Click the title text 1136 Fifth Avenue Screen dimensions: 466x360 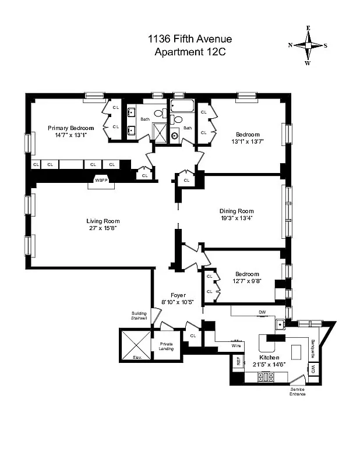point(190,40)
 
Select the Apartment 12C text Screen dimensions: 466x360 point(190,52)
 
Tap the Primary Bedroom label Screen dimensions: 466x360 point(70,128)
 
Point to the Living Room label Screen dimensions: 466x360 point(103,221)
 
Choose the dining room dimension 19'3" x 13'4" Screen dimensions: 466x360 point(237,218)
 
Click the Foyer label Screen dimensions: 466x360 point(178,295)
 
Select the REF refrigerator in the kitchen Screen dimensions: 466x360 point(238,361)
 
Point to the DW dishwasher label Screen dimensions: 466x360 point(262,312)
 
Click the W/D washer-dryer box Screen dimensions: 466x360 point(313,368)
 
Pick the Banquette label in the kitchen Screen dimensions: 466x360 point(313,347)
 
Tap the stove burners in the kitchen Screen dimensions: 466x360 point(266,377)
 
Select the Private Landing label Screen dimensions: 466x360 point(166,347)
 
